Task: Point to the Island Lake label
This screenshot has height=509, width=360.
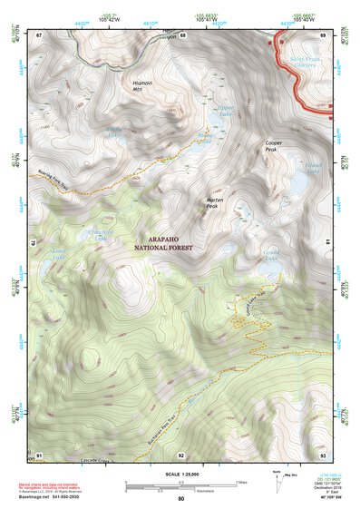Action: [x=313, y=169]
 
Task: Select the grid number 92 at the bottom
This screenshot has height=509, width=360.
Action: [x=181, y=455]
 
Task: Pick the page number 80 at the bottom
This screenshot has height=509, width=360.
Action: [x=180, y=499]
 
